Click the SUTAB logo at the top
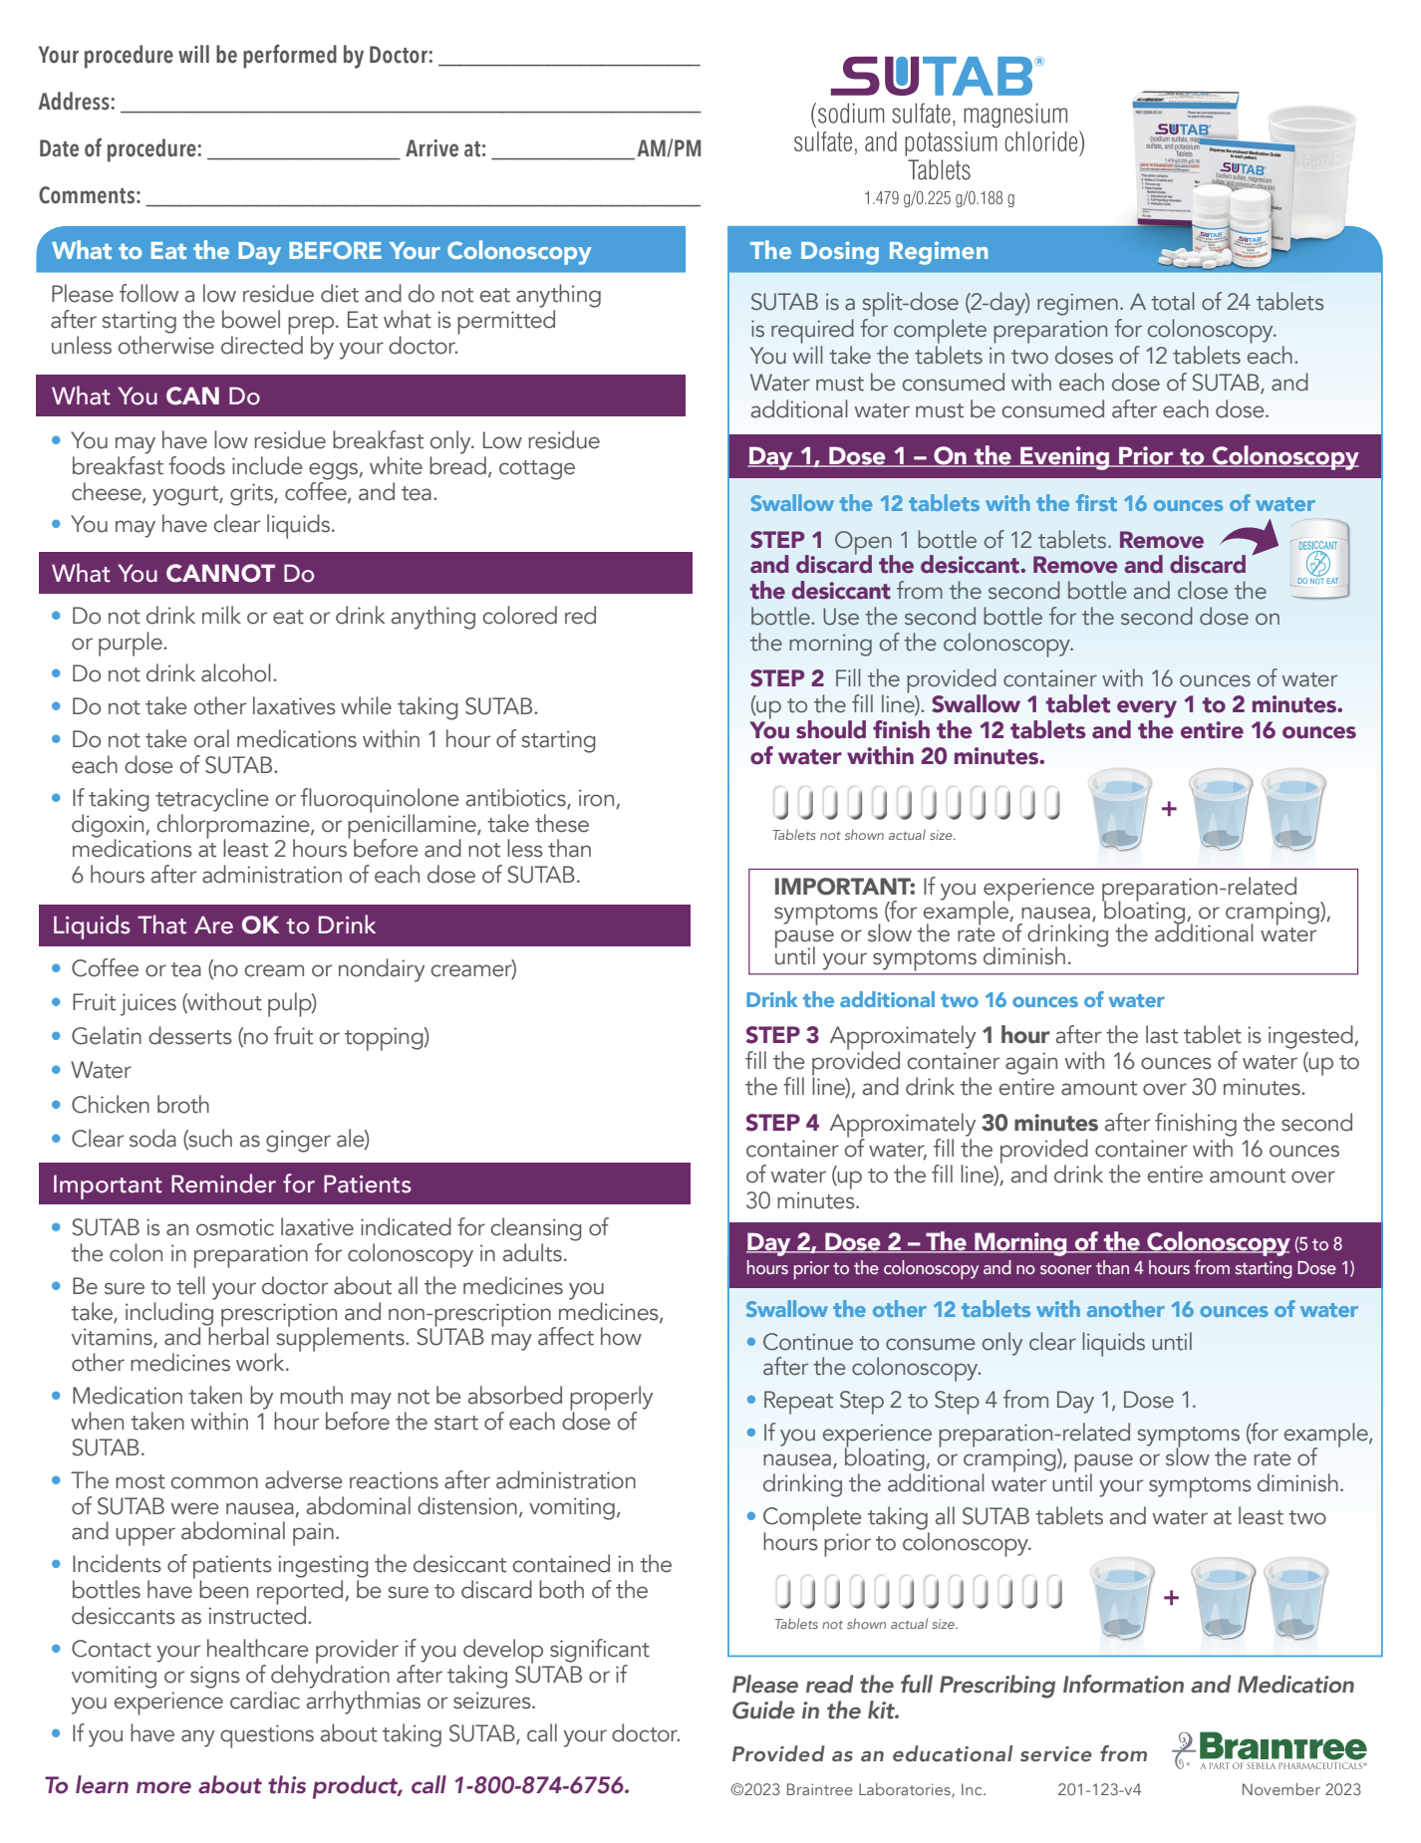point(938,77)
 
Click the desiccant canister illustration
point(1317,559)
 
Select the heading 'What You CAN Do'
point(155,396)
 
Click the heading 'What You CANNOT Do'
point(183,574)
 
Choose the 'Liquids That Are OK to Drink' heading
point(213,925)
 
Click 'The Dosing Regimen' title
point(869,251)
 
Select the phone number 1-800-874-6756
point(541,1785)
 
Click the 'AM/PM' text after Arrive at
point(669,149)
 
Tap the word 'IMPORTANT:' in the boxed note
point(844,887)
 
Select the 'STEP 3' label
point(781,1036)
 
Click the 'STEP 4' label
point(781,1124)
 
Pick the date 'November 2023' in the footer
point(1300,1789)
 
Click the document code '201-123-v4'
point(1099,1789)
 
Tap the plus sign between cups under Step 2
point(1169,809)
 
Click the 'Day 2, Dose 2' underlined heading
point(1016,1242)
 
